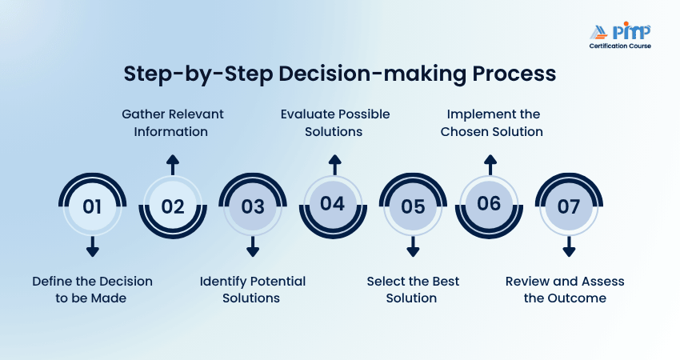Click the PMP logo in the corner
tap(619, 35)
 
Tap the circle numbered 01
tap(92, 206)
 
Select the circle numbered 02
tap(173, 206)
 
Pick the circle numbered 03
tap(253, 206)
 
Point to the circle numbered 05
tap(413, 206)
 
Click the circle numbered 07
tap(569, 206)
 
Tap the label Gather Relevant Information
tap(173, 122)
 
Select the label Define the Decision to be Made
tap(92, 290)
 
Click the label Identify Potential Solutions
tap(253, 290)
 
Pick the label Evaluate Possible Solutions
tap(334, 122)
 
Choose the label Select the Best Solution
tap(413, 290)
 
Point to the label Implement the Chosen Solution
tap(491, 122)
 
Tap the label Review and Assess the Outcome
tap(565, 290)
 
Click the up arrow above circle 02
tap(173, 165)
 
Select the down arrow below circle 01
tap(92, 246)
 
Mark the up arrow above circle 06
tap(489, 165)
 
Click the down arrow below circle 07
tap(569, 246)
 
